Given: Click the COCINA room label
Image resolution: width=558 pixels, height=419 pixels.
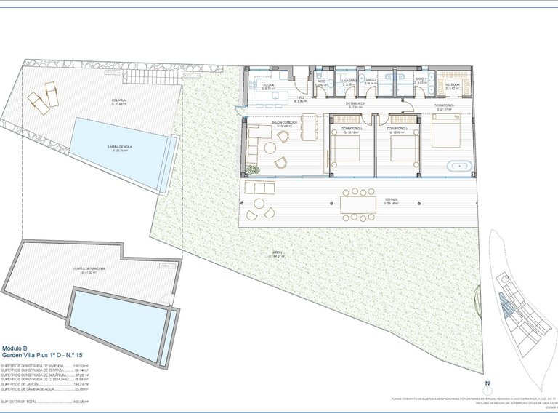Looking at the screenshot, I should [x=268, y=85].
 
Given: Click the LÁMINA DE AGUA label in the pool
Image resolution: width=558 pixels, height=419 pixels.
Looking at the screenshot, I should [x=120, y=147].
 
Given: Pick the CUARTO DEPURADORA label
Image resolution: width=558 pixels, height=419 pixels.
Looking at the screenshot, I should [x=89, y=268].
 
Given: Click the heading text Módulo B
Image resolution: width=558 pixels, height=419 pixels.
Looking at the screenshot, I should [x=15, y=348].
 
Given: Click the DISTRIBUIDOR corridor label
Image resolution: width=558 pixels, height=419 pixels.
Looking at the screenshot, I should [x=355, y=104].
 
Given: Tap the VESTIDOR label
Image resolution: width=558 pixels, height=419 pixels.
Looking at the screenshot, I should [x=453, y=84].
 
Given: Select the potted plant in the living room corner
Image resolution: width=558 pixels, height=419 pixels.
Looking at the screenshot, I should [x=252, y=170].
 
